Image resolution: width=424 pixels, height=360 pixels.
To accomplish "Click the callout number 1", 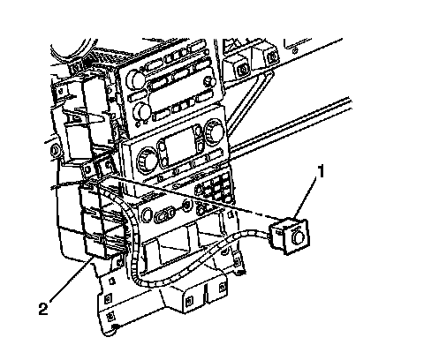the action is [321, 171].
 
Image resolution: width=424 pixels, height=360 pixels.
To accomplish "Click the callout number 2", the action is [43, 309].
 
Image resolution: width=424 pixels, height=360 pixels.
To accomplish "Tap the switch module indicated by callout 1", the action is [289, 236].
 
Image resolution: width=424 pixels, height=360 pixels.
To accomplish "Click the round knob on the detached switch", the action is [297, 236].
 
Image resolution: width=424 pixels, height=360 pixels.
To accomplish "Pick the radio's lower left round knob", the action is [142, 112].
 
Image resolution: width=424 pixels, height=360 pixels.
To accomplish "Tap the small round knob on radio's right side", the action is [209, 80].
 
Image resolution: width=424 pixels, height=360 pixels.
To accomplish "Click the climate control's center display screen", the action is [179, 144].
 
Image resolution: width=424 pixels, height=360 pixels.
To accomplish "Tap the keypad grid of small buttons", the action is [215, 189].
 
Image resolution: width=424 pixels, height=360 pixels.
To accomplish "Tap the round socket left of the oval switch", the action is [147, 215].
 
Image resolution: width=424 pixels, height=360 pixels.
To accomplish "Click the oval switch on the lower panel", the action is [164, 214].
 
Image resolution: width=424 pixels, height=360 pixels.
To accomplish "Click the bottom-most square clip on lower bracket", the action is [110, 317].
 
